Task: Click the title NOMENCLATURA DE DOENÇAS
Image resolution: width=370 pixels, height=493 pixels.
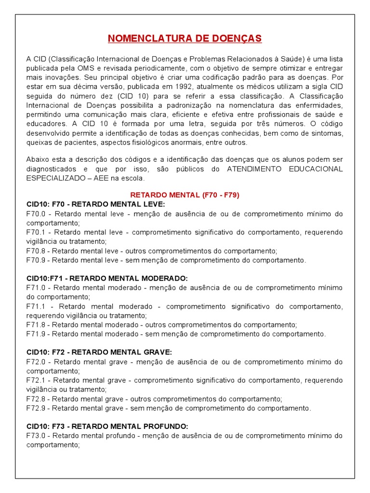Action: tap(185, 38)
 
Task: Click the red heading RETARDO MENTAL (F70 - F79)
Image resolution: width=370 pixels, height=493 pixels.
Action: tap(185, 195)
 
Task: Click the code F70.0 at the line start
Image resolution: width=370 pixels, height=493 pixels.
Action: tap(36, 214)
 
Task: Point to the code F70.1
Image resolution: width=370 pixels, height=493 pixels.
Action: tap(36, 232)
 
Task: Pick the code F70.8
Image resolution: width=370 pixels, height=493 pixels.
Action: tap(36, 251)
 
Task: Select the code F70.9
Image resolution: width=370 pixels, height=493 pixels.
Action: tap(36, 260)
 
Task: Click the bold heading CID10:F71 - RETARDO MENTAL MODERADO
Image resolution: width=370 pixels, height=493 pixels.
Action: tap(107, 278)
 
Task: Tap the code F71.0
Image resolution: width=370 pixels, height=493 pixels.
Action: tap(36, 288)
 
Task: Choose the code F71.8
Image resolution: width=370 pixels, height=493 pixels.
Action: tap(36, 324)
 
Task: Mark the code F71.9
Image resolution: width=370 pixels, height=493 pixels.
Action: tap(36, 334)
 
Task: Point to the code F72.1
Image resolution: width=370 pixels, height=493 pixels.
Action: tap(36, 380)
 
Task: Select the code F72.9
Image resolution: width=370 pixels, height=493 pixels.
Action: tap(36, 408)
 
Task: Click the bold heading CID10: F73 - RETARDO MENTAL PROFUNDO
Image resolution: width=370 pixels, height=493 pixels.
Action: tap(107, 427)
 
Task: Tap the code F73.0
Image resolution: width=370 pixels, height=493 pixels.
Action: tap(36, 436)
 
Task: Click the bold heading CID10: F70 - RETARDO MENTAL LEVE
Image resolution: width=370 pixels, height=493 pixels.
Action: tap(96, 204)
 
